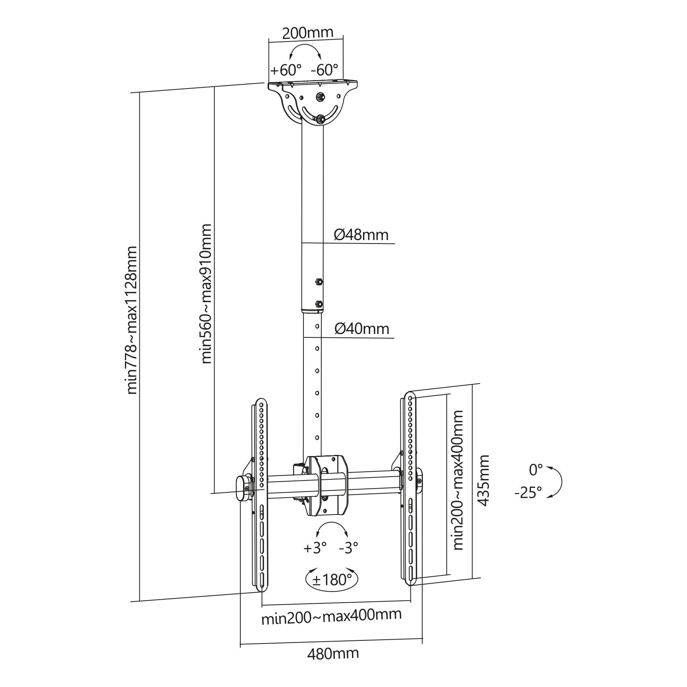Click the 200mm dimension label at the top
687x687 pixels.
308,33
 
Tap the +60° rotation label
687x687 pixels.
286,70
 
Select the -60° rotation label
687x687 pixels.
324,70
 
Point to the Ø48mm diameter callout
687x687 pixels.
361,234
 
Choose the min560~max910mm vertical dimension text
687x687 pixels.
206,294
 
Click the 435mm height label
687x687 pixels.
484,481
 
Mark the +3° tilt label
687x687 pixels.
315,548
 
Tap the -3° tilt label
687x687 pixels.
349,548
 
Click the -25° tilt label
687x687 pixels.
528,492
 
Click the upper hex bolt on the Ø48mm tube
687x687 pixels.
318,282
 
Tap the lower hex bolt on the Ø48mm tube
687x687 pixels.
318,304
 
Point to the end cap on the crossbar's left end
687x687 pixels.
243,488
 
